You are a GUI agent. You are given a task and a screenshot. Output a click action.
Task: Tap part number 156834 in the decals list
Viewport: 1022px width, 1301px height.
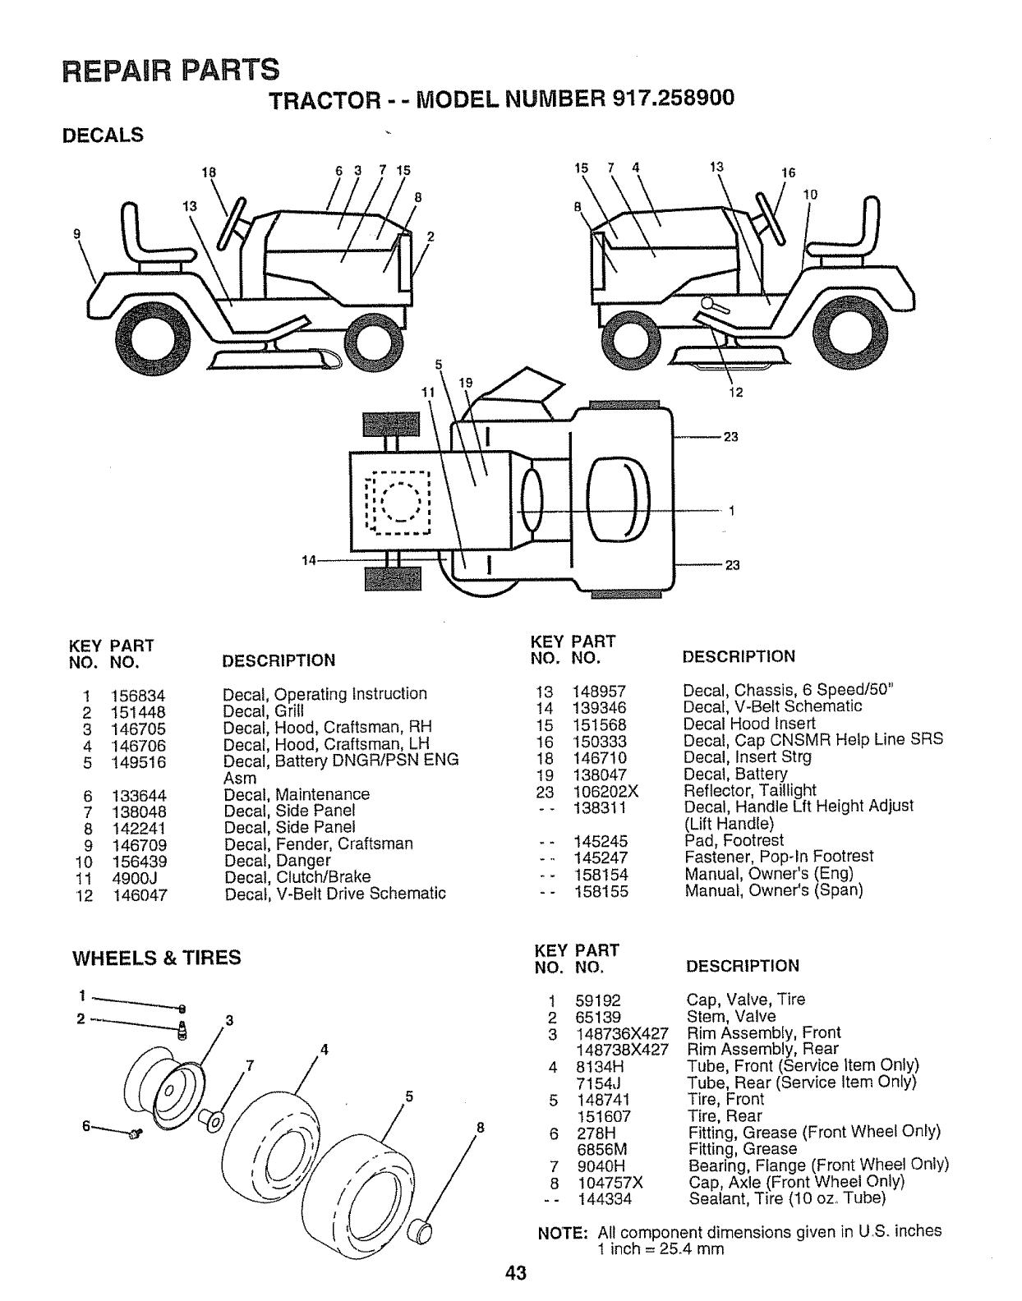[138, 695]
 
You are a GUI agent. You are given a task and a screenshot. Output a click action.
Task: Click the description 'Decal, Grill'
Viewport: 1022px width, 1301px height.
[263, 711]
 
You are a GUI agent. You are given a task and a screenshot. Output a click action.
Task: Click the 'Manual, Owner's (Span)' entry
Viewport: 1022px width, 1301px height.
[773, 890]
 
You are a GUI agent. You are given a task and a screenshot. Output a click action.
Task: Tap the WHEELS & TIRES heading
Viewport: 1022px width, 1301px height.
[157, 958]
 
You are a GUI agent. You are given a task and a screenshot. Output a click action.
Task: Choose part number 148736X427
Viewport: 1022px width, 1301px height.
[620, 1033]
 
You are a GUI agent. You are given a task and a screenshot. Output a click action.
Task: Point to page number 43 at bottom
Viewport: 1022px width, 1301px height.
[515, 1274]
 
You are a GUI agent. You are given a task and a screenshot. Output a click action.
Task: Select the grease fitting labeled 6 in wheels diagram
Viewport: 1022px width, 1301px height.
[135, 1134]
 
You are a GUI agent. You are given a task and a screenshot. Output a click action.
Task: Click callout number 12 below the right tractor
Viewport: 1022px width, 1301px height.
[735, 392]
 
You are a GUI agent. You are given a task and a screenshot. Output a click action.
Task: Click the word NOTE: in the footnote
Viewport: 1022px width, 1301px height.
[562, 1232]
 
